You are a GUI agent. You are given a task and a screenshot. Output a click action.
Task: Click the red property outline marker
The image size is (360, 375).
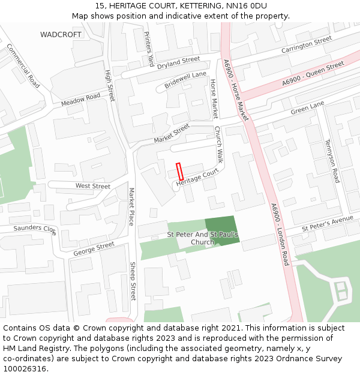point(179,172)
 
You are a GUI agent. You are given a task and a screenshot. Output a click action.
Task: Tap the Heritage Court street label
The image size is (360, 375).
point(197,178)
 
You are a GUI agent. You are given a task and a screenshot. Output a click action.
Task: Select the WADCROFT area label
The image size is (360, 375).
point(61,35)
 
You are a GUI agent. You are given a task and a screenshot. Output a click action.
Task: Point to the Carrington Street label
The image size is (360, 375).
point(306,44)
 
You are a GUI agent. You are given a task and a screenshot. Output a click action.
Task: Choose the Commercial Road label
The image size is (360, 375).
point(23,65)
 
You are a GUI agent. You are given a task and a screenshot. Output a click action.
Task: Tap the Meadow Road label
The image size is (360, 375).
point(80,100)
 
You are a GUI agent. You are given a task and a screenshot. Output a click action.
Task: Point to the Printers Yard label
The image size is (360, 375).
point(149,47)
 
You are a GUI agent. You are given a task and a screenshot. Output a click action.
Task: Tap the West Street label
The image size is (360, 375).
point(92,186)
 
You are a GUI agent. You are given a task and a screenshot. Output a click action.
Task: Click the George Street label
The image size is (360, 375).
point(94,249)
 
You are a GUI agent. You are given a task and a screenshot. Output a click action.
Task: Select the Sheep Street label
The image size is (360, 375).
point(133,283)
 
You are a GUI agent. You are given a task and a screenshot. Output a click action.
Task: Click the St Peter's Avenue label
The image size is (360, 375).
point(328,223)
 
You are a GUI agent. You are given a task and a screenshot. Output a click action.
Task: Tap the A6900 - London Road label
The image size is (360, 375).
point(280,234)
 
